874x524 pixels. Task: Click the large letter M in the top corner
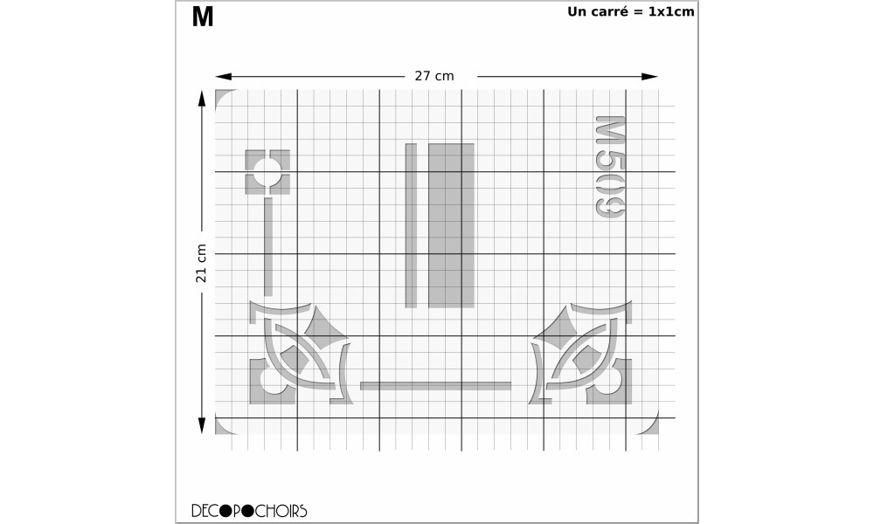click(203, 17)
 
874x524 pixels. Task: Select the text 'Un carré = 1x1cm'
click(631, 11)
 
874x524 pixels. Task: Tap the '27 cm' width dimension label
click(434, 76)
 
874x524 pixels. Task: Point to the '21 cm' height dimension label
click(201, 263)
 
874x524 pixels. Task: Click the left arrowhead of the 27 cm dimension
click(224, 76)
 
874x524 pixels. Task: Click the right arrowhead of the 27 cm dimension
click(650, 76)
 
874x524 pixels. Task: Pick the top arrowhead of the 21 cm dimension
click(202, 99)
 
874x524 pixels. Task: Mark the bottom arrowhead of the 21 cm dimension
click(202, 426)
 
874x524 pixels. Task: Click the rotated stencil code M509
click(610, 167)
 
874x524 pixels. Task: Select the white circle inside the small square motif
click(267, 172)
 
